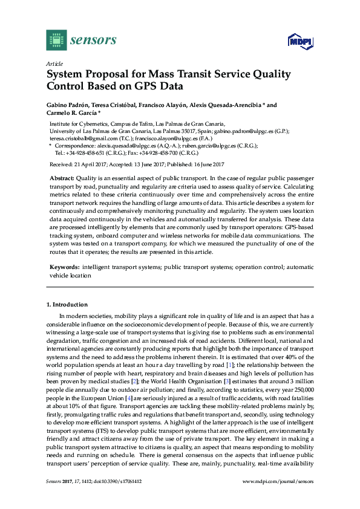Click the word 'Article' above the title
click(54, 63)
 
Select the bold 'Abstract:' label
click(61, 180)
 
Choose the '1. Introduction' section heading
click(67, 305)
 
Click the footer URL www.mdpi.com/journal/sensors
click(277, 481)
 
